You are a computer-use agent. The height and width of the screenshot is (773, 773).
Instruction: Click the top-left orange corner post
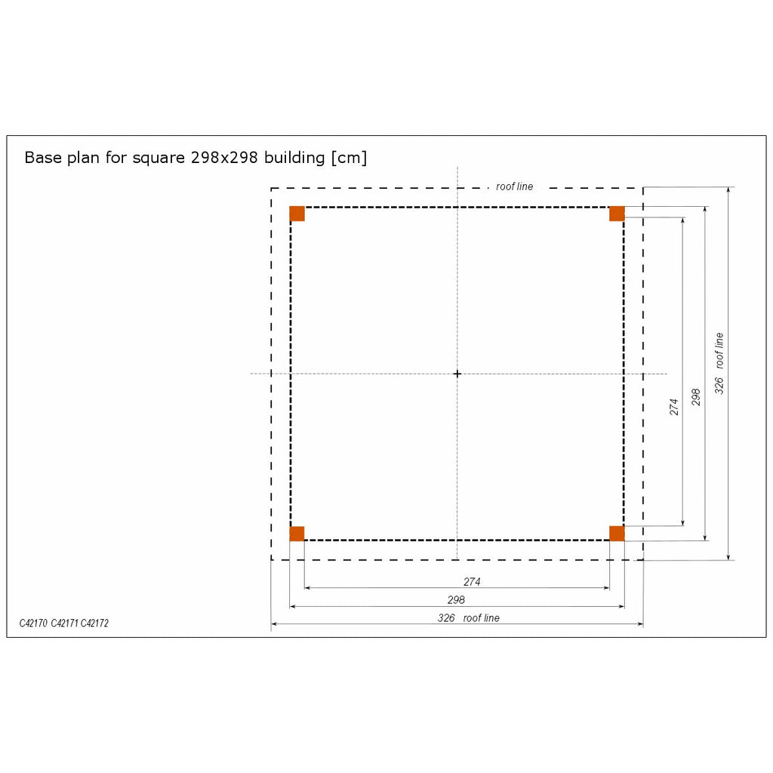(x=297, y=214)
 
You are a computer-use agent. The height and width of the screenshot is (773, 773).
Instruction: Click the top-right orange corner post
(x=617, y=214)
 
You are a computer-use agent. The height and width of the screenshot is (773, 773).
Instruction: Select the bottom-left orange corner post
(x=297, y=534)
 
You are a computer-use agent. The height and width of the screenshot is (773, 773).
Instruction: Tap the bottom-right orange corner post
(x=617, y=534)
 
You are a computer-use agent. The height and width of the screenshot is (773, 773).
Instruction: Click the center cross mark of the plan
(x=457, y=374)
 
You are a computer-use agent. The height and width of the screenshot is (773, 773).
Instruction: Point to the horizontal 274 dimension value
(x=472, y=582)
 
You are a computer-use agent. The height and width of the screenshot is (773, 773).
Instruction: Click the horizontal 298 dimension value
(x=456, y=600)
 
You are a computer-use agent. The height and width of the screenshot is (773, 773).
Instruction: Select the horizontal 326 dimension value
(x=446, y=618)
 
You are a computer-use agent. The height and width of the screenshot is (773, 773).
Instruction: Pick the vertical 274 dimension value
(x=674, y=407)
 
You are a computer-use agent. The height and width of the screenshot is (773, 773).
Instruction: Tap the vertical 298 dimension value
(x=695, y=397)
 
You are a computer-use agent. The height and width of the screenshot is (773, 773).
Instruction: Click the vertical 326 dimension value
(x=719, y=386)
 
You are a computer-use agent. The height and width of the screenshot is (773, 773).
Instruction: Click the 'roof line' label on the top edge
(x=514, y=186)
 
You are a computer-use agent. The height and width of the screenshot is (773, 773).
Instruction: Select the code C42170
(x=33, y=623)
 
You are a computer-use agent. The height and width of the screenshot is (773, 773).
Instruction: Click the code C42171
(x=65, y=623)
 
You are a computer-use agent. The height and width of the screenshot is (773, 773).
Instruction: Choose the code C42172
(x=94, y=623)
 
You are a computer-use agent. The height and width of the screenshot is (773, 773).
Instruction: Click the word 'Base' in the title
(x=42, y=158)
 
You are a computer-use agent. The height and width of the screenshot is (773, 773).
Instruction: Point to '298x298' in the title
(x=224, y=158)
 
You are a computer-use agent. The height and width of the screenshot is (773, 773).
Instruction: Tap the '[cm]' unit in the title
(x=349, y=158)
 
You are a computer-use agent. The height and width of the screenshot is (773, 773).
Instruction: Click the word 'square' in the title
(x=159, y=159)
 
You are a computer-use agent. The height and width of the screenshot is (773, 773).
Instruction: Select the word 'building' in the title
(x=294, y=159)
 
